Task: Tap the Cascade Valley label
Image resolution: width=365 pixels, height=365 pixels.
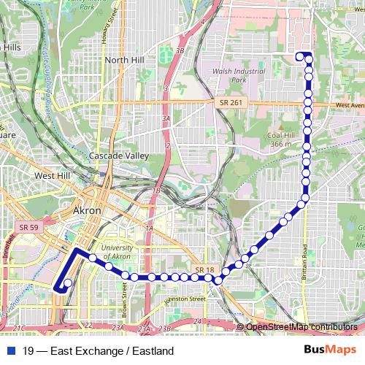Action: (x=119, y=156)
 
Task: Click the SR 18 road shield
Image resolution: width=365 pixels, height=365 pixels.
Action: (x=203, y=271)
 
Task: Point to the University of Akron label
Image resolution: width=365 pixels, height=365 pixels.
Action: (x=117, y=253)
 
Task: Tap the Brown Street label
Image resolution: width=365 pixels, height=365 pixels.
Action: (x=125, y=299)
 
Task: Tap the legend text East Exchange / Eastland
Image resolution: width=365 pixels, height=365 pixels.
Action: (x=99, y=350)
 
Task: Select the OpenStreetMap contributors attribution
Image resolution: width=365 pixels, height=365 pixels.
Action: (x=301, y=326)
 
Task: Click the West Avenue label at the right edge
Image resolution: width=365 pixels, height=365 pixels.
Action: (x=349, y=106)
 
